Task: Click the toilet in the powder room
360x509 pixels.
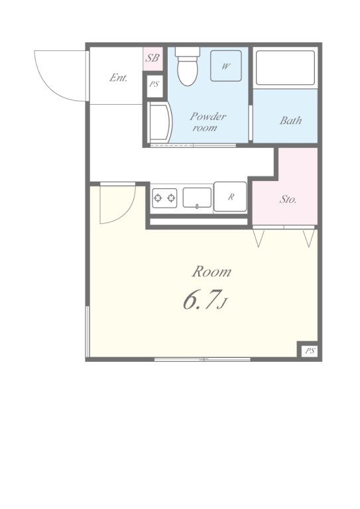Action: (188, 66)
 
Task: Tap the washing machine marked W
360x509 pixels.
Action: (226, 66)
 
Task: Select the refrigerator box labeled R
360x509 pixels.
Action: (230, 197)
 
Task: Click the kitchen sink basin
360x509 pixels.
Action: (197, 198)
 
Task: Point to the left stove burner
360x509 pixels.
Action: (158, 198)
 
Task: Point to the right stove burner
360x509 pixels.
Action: (171, 198)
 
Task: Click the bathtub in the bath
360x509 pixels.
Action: (285, 68)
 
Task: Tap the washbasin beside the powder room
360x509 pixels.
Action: (160, 122)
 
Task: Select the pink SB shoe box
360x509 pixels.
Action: (152, 59)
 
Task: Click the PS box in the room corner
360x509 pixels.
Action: (310, 351)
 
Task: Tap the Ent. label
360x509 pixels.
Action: (118, 78)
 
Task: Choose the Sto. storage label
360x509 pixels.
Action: (288, 199)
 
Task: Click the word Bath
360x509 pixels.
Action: (290, 121)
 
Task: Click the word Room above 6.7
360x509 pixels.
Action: (211, 272)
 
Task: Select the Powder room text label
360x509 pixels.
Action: (208, 122)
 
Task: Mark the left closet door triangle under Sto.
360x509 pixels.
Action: (259, 239)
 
